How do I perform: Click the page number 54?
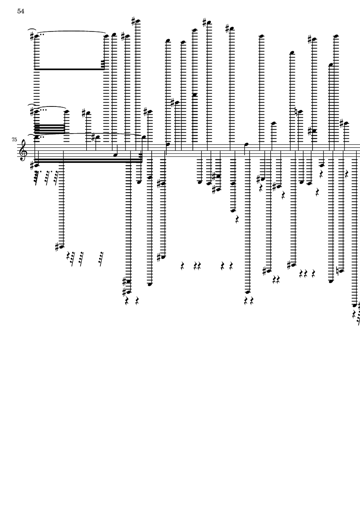21,11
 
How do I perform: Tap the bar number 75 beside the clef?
14,140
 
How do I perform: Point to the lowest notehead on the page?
354,305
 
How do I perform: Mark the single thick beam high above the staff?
70,69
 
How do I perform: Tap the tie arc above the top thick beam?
71,31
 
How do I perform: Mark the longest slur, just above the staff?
91,134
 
